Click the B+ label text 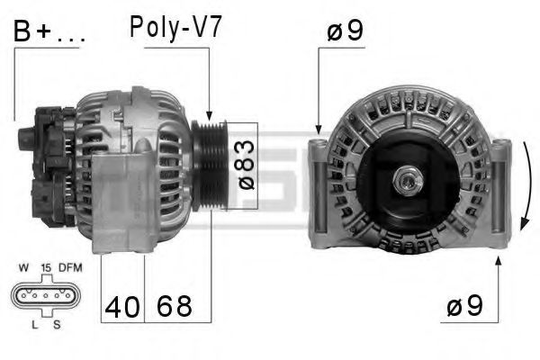49,33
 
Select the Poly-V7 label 176,27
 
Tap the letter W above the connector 22,266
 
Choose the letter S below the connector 56,323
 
